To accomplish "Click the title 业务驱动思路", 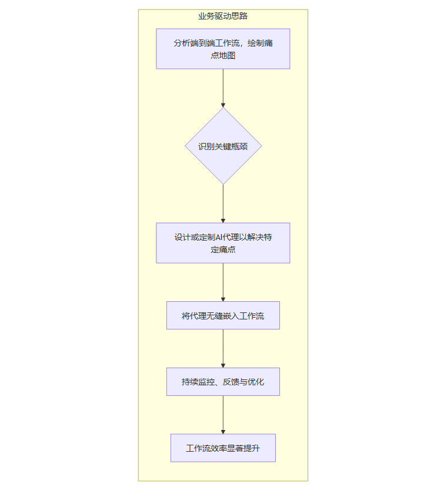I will coord(223,16).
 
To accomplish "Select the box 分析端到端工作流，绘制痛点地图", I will coord(223,49).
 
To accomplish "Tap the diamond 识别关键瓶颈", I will coord(223,146).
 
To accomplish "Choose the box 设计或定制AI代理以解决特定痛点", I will coord(223,243).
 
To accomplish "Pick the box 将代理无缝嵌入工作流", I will coord(223,316).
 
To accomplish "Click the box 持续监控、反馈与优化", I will coord(223,382).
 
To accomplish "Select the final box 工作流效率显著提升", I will coord(223,448).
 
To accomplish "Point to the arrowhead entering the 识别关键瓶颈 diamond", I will coord(223,105).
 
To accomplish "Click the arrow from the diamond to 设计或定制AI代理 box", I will coord(223,203).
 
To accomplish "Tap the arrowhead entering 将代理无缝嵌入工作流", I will coord(223,299).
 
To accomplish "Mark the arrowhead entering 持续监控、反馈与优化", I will coord(223,365).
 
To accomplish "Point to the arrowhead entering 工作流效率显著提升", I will coord(223,431).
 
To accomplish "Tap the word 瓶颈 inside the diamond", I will coord(239,146).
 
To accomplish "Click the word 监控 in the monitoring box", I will coord(206,382).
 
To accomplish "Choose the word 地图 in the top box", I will coord(227,55).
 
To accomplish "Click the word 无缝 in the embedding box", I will coord(215,316).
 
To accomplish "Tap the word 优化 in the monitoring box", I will coord(255,382).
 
